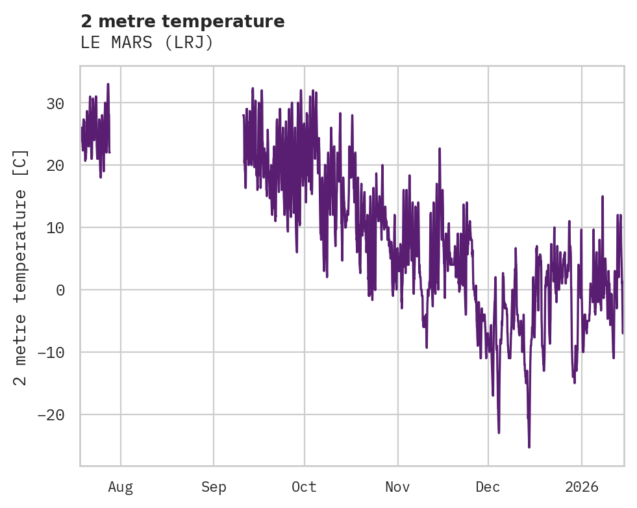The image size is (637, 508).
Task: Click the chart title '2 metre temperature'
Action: [x=182, y=21]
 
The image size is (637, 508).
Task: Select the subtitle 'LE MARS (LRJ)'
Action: [x=147, y=43]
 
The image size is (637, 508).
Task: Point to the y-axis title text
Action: [x=21, y=267]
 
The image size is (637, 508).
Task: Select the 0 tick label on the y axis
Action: [x=60, y=290]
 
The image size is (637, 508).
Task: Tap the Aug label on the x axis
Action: [x=120, y=487]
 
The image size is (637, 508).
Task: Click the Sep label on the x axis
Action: [x=214, y=487]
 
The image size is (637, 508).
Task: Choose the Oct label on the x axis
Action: [x=304, y=487]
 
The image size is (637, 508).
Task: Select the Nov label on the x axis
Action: [x=397, y=487]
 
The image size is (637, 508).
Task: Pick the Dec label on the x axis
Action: [x=488, y=487]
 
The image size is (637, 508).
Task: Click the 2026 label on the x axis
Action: [x=581, y=487]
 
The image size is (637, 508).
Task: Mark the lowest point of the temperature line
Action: [x=529, y=447]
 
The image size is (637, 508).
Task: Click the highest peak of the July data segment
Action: [x=108, y=84]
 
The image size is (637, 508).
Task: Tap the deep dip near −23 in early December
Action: [x=499, y=432]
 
